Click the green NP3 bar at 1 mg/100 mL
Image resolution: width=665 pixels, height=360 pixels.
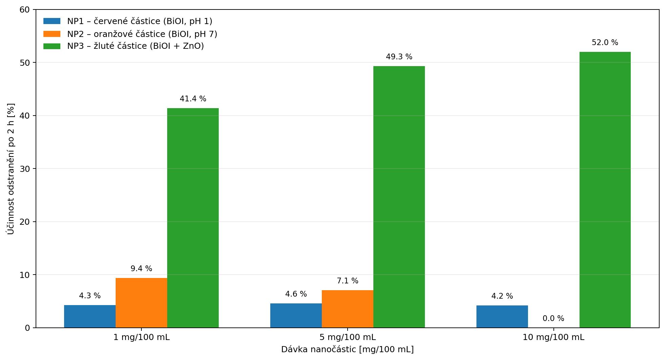[193, 218]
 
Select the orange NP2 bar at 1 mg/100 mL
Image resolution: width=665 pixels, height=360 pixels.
[141, 303]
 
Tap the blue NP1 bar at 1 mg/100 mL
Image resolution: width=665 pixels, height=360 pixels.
[90, 316]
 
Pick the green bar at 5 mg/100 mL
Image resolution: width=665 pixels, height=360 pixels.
[399, 197]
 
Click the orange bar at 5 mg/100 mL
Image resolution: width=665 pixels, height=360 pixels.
[348, 309]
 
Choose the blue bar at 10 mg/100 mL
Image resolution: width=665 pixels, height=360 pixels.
[502, 317]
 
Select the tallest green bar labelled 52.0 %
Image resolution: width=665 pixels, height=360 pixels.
[605, 190]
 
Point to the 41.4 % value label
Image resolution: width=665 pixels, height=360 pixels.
[193, 99]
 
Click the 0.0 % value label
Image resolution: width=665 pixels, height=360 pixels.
[553, 318]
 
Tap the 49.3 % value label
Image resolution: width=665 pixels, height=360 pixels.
[399, 57]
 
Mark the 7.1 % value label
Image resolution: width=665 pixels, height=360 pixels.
[348, 281]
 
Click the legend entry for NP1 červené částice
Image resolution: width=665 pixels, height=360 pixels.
[128, 21]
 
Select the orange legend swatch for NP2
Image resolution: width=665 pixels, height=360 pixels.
[52, 34]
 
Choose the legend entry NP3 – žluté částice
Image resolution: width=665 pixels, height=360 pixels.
[124, 46]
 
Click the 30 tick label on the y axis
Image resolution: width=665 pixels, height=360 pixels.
[24, 169]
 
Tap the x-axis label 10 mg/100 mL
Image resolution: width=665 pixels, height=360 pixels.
[553, 337]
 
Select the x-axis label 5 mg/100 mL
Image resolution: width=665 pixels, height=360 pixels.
[348, 337]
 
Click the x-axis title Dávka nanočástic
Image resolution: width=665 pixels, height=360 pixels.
[348, 349]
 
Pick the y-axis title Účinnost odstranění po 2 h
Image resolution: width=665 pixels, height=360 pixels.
[11, 169]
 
